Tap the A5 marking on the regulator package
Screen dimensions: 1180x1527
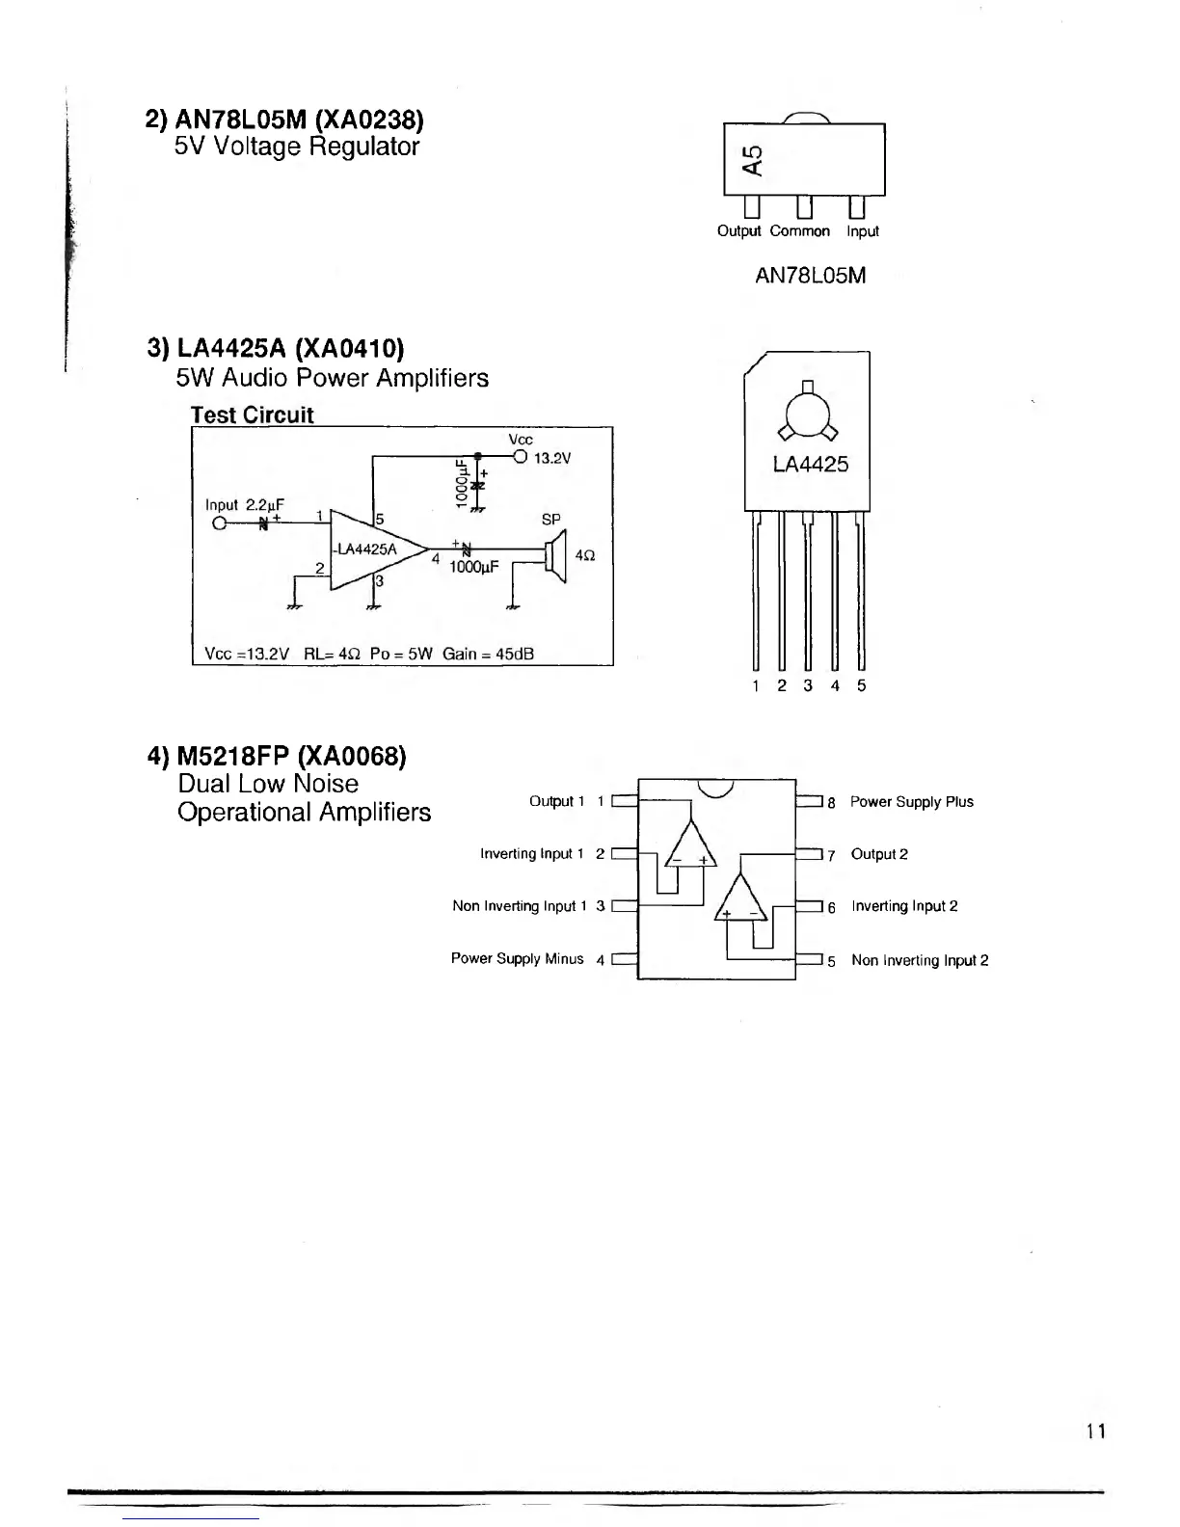pyautogui.click(x=754, y=160)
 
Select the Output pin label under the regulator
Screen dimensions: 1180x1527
pyautogui.click(x=738, y=231)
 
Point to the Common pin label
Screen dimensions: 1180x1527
pyautogui.click(x=799, y=231)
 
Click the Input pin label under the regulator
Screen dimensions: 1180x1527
pyautogui.click(x=862, y=231)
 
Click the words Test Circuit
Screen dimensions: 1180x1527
pyautogui.click(x=252, y=415)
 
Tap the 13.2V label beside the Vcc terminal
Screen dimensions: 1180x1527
pyautogui.click(x=552, y=458)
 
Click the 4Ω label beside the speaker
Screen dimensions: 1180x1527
pyautogui.click(x=584, y=556)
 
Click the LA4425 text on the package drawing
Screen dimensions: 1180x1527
pyautogui.click(x=810, y=465)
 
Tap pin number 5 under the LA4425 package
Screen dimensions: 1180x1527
pyautogui.click(x=861, y=685)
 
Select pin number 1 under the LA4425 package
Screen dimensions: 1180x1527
pyautogui.click(x=756, y=685)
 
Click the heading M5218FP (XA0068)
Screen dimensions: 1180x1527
pyautogui.click(x=277, y=756)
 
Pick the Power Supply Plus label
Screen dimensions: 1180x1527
pyautogui.click(x=911, y=802)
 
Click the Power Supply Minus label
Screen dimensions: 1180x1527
pyautogui.click(x=517, y=958)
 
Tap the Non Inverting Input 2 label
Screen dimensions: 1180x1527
pyautogui.click(x=919, y=960)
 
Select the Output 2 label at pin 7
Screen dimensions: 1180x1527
pyautogui.click(x=878, y=854)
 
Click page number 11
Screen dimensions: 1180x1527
pyautogui.click(x=1094, y=1432)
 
